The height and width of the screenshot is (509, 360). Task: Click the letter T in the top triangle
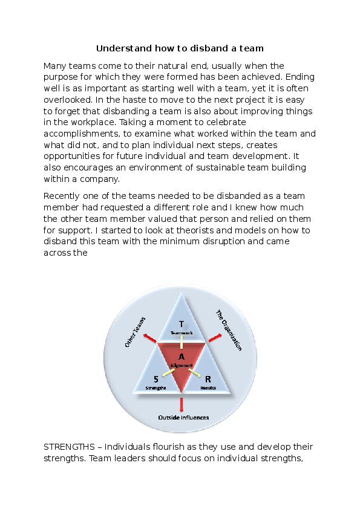pyautogui.click(x=181, y=323)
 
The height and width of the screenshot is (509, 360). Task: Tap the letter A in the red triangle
pyautogui.click(x=182, y=356)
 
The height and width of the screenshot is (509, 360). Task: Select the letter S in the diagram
pyautogui.click(x=155, y=379)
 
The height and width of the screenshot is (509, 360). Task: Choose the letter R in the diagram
pyautogui.click(x=208, y=379)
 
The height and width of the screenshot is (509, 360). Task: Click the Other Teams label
pyautogui.click(x=135, y=331)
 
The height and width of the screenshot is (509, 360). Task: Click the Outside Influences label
pyautogui.click(x=183, y=418)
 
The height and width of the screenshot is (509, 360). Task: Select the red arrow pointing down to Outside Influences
pyautogui.click(x=182, y=403)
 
